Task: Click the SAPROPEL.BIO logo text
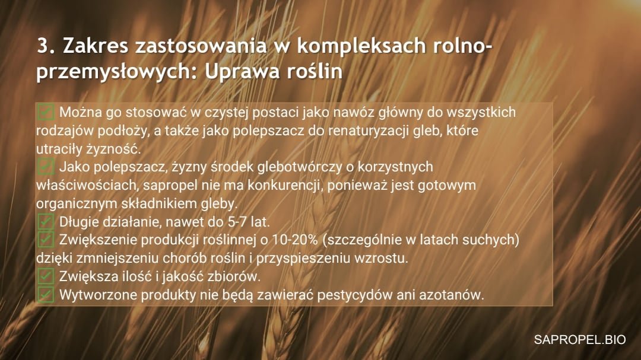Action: pyautogui.click(x=580, y=340)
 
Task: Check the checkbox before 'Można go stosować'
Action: pyautogui.click(x=45, y=112)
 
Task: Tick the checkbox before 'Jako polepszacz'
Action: pyautogui.click(x=45, y=167)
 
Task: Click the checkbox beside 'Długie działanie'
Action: pyautogui.click(x=45, y=221)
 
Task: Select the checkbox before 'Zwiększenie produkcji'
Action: pyautogui.click(x=45, y=240)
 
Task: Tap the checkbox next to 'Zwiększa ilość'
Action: pyautogui.click(x=45, y=276)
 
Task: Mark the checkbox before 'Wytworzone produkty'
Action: pyautogui.click(x=45, y=295)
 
